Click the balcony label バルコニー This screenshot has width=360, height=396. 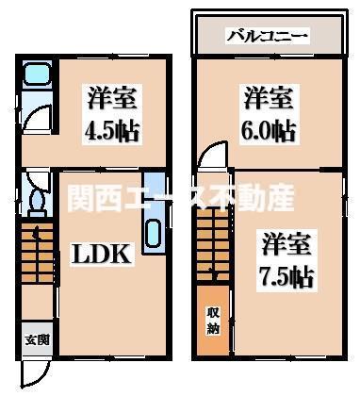[x=268, y=38]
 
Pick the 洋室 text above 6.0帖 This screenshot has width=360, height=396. [x=269, y=98]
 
